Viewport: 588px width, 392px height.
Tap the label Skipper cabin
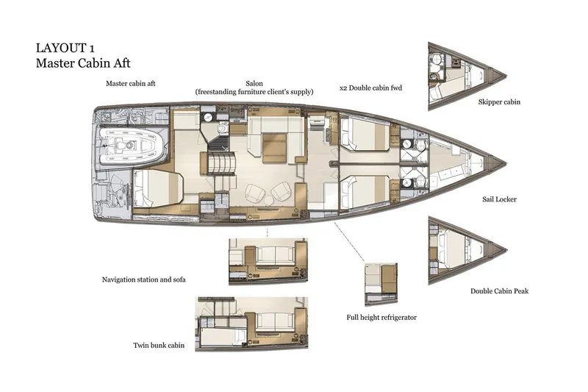[x=498, y=102]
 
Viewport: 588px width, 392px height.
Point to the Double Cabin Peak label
[x=499, y=291]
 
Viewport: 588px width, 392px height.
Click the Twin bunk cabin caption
[x=159, y=345]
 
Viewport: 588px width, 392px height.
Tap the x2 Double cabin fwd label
[x=371, y=88]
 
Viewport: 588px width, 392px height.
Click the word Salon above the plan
[x=254, y=83]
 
